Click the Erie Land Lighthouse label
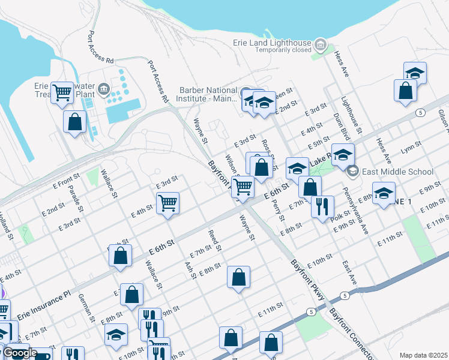tap(272, 43)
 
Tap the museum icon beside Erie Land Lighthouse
tap(320, 44)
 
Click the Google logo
tap(20, 353)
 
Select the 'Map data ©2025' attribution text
tap(424, 355)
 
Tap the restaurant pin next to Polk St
tap(322, 207)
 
